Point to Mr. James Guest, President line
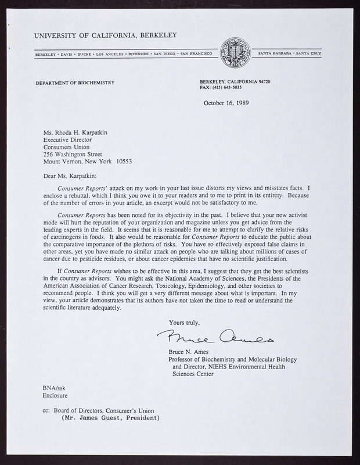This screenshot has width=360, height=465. coord(110,417)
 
